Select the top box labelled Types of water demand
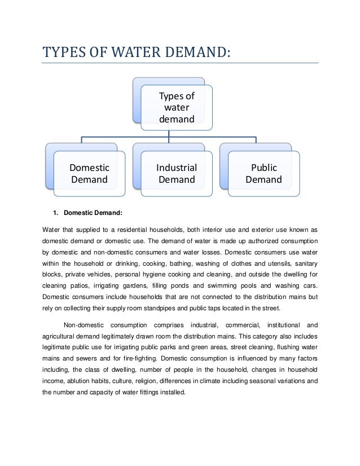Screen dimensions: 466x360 pyautogui.click(x=176, y=107)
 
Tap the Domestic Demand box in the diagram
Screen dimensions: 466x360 pyautogui.click(x=89, y=174)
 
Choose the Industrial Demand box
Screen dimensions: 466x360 pyautogui.click(x=177, y=174)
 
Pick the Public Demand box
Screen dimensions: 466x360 pyautogui.click(x=264, y=174)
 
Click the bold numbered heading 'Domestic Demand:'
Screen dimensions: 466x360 pyautogui.click(x=93, y=213)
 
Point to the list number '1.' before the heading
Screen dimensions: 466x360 pyautogui.click(x=56, y=213)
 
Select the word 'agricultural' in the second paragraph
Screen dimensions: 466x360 pyautogui.click(x=61, y=338)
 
